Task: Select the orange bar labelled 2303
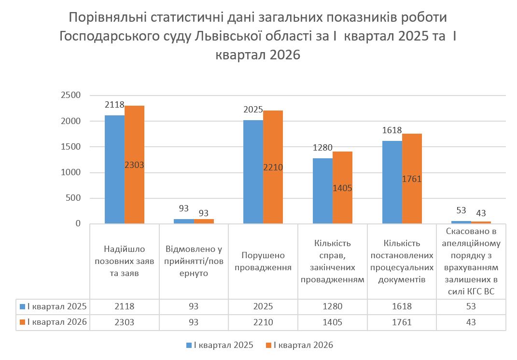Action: pos(134,145)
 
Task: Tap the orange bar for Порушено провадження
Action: pos(273,145)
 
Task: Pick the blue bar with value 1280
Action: pos(322,191)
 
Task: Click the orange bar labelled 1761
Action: pos(412,159)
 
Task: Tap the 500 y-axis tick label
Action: pos(73,198)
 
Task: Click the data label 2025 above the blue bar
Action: pos(253,111)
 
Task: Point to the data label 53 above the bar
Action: pos(461,210)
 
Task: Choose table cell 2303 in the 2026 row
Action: pos(124,322)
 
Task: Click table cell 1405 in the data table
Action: pos(333,322)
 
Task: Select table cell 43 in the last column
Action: pos(471,322)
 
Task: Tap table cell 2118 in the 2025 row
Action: pos(124,306)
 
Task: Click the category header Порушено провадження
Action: pos(263,262)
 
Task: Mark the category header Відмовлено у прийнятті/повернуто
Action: pos(194,262)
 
